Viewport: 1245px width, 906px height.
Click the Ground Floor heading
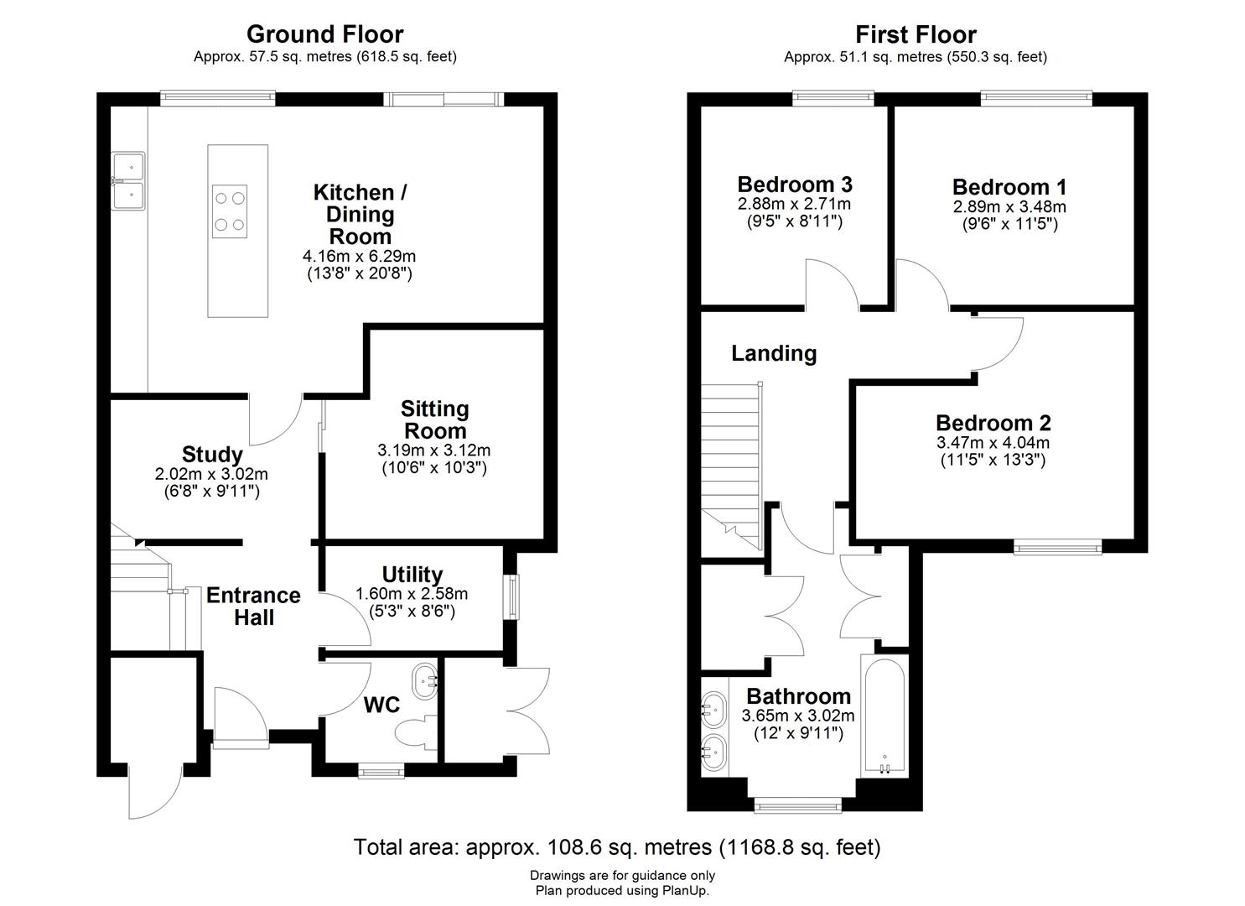pos(324,34)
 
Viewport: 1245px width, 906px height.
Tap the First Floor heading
pos(916,34)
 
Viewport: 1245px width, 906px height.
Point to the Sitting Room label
pos(434,419)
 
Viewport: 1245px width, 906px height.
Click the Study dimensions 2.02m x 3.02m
pos(211,474)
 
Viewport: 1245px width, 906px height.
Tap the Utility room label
pos(412,575)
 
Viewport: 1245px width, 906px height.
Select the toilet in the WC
pos(417,732)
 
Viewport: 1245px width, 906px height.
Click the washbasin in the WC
pos(426,679)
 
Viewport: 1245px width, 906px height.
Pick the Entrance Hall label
pos(253,606)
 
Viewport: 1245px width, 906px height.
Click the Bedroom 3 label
pos(795,185)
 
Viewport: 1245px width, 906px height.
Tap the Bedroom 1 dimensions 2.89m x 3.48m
pos(1009,206)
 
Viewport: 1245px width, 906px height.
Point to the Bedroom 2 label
pos(993,423)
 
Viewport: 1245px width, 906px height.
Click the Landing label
pos(774,353)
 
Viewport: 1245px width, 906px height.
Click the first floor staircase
pos(730,461)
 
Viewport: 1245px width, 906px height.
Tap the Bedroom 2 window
pos(1057,548)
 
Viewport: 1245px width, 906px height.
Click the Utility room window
pos(511,596)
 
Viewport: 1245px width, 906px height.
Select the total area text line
pos(617,847)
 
